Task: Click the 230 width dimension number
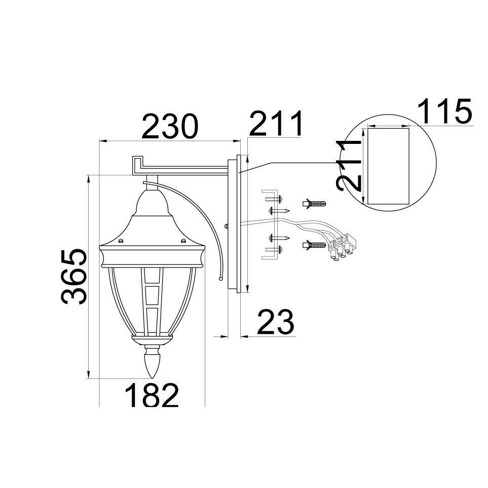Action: coord(170,126)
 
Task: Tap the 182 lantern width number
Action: coord(152,394)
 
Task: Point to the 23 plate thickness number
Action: coord(276,321)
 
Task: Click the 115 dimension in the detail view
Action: coord(444,111)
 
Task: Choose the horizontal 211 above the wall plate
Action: coord(276,123)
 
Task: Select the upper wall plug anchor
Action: coord(314,204)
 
